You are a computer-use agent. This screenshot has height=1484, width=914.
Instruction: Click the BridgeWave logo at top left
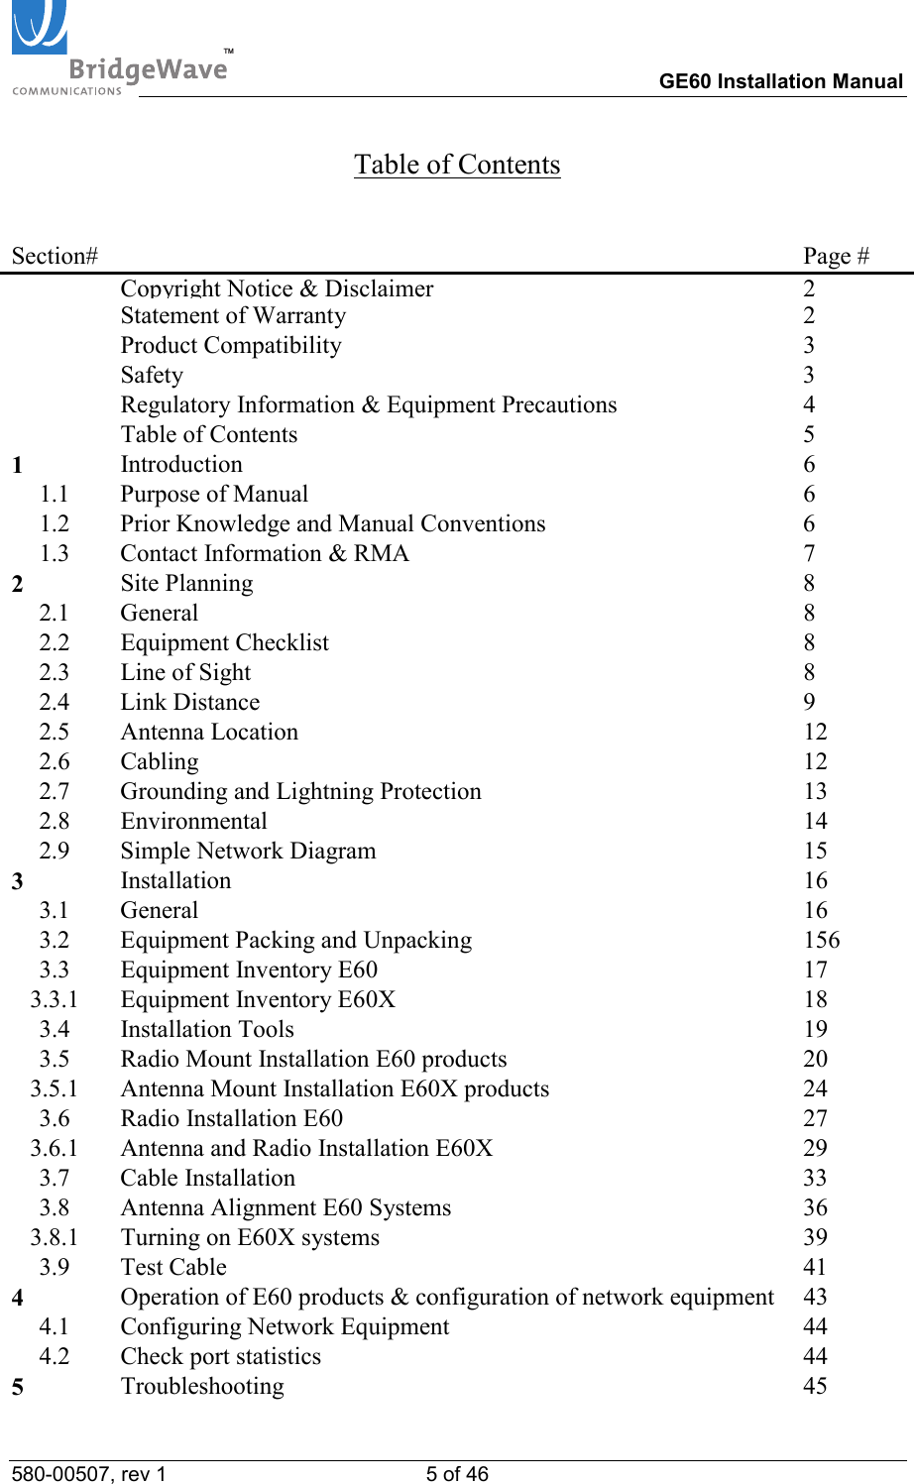[119, 50]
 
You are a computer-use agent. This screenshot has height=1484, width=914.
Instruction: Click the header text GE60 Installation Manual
[780, 81]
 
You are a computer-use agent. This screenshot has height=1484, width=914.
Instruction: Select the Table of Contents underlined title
[457, 165]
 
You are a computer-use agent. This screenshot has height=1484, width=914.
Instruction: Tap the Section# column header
[55, 257]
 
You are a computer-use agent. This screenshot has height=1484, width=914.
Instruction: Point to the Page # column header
[836, 257]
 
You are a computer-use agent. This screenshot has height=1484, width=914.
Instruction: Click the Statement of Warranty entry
[233, 316]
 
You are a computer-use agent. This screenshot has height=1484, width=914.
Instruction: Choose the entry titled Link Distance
[190, 703]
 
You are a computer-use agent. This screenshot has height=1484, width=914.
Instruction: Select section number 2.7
[55, 792]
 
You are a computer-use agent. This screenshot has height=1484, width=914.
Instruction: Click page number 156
[821, 941]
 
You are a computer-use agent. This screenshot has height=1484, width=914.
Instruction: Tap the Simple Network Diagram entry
[248, 852]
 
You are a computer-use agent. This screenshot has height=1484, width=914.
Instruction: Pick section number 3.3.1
[54, 1000]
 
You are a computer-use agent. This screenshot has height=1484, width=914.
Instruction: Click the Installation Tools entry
[207, 1030]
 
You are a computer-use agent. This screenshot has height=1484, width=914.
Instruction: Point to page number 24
[815, 1089]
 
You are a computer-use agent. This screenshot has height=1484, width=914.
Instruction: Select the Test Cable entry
[173, 1268]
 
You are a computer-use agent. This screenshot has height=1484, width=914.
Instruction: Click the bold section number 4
[18, 1299]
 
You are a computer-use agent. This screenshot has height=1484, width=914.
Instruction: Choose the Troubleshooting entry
[202, 1387]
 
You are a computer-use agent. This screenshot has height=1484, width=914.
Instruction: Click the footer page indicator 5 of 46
[457, 1474]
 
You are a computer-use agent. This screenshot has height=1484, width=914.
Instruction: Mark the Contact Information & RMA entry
[265, 554]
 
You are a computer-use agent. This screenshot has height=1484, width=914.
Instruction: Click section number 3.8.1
[54, 1238]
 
